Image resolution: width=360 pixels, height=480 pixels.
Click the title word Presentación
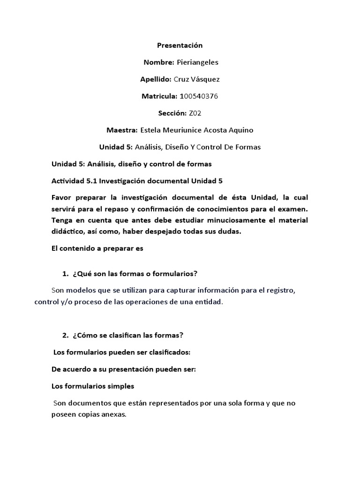[180, 45]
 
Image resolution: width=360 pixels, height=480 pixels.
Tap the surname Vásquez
[204, 79]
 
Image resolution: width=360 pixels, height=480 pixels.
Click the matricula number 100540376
[199, 96]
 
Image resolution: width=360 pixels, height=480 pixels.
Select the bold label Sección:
[173, 113]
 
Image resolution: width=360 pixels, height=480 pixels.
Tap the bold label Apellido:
[157, 79]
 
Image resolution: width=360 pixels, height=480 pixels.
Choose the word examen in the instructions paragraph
[293, 210]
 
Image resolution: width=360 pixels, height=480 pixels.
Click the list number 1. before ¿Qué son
[65, 273]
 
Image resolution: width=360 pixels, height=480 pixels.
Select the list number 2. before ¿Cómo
[65, 335]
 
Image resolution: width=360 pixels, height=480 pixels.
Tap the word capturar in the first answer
[155, 291]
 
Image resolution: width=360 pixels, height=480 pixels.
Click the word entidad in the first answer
[210, 302]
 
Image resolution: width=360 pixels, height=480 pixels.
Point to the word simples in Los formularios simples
[120, 386]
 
